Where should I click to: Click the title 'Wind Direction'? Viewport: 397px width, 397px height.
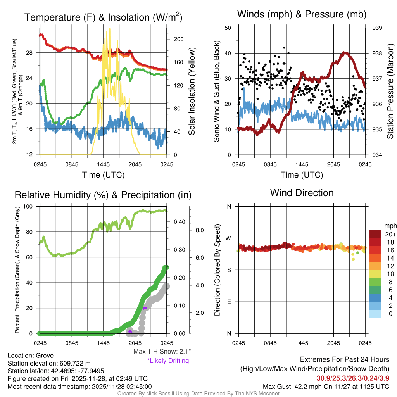click(302, 193)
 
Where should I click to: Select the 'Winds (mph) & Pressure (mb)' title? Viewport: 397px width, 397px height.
click(302, 14)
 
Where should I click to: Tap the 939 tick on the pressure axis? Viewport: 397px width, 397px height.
click(378, 28)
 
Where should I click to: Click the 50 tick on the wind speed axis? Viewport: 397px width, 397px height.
click(228, 28)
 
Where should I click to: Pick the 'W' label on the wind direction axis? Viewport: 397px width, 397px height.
click(229, 238)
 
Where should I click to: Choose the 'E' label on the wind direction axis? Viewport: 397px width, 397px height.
click(229, 302)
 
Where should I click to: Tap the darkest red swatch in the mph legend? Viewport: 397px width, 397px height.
click(375, 235)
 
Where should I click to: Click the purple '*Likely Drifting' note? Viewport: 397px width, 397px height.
click(168, 361)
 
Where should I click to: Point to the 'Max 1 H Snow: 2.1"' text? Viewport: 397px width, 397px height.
click(162, 352)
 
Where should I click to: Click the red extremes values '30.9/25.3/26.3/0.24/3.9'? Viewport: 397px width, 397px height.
click(353, 378)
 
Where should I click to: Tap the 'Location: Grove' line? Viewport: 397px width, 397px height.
click(30, 356)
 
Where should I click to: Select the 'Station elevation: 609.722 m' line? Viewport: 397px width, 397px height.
click(49, 363)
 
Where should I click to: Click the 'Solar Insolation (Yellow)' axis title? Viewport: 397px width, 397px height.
click(192, 91)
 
